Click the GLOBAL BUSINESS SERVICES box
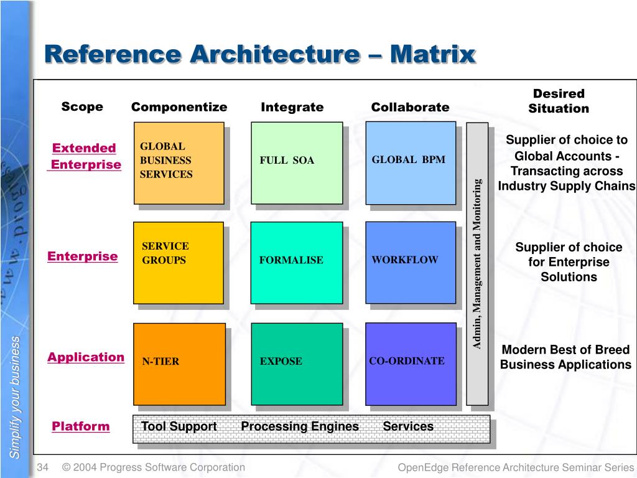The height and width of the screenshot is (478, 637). pos(179,162)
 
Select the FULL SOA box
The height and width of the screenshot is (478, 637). pos(296,162)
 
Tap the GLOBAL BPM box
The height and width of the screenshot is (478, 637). pos(411,162)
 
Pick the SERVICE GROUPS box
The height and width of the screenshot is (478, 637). pos(179,262)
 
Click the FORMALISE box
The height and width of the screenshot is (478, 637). pos(296,262)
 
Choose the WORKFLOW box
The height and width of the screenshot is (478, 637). pos(411,262)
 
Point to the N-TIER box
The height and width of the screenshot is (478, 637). pos(179,363)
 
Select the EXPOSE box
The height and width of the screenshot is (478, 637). pos(296,363)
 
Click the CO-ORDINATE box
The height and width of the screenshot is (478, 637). pos(411,363)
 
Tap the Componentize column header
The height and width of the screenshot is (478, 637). pos(179,107)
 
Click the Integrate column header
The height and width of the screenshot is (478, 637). pos(292,107)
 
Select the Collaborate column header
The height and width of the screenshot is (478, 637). pos(410,107)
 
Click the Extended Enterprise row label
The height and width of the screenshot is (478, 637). pos(85,156)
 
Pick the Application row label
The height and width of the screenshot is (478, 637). pos(86,357)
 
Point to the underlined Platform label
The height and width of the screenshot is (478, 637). pos(80,426)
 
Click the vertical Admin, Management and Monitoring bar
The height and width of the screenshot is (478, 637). pos(477,263)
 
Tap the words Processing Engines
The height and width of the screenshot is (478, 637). pos(300,426)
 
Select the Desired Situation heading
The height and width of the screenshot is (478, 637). pos(559,101)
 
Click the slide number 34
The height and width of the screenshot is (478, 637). pos(43,467)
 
